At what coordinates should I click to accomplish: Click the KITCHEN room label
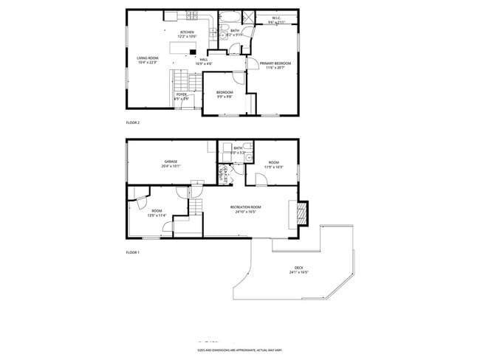(x=188, y=32)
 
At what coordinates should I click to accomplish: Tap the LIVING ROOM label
(x=148, y=58)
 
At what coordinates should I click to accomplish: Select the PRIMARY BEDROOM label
(x=275, y=63)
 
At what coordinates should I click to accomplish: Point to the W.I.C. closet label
(x=275, y=18)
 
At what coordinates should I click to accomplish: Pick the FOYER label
(x=181, y=94)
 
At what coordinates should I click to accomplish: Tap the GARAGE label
(x=170, y=161)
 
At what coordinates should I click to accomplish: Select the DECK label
(x=298, y=268)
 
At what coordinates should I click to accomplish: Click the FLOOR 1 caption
(x=133, y=252)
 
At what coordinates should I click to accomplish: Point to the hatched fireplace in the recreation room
(x=301, y=214)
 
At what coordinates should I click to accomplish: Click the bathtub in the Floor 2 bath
(x=226, y=18)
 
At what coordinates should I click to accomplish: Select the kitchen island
(x=182, y=48)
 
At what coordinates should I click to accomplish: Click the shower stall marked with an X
(x=247, y=19)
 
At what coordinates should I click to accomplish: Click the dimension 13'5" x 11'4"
(x=157, y=216)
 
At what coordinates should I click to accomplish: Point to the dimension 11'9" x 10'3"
(x=273, y=167)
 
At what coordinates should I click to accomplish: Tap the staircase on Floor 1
(x=194, y=209)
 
